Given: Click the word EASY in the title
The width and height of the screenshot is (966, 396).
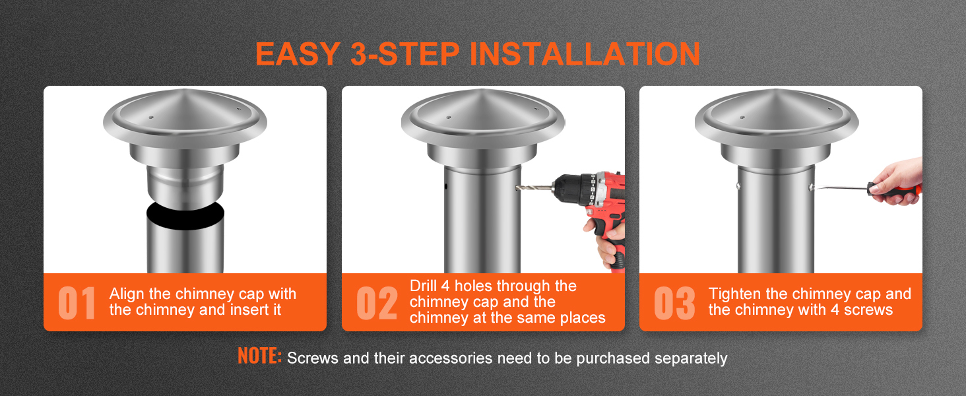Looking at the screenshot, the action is (298, 54).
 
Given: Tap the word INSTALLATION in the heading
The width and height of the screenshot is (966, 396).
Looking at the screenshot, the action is (585, 54).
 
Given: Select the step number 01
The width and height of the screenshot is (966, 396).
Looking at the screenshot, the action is (77, 303).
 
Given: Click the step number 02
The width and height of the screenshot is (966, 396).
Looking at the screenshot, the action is (377, 303).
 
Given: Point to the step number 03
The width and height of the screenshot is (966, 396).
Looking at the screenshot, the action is (674, 303).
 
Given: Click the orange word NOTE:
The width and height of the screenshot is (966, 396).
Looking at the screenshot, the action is (259, 356).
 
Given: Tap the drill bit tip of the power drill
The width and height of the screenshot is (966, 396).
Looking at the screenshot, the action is (517, 187).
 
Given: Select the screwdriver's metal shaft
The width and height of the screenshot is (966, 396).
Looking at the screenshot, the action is (840, 187).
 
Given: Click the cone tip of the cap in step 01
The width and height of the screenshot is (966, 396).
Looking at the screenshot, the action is (185, 92).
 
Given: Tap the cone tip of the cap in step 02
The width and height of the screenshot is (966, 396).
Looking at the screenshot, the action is (483, 92).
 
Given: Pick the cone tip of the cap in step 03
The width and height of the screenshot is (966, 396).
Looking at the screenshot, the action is (776, 92).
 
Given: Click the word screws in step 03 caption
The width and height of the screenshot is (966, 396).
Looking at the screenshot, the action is (868, 310).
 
